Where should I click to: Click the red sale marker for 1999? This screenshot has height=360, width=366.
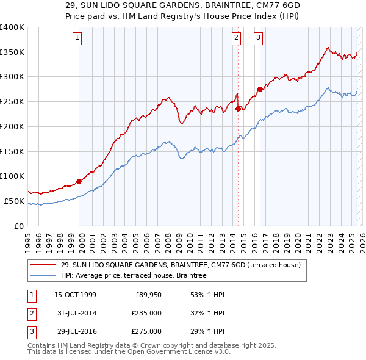[79, 181]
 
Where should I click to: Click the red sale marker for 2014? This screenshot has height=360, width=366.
[238, 109]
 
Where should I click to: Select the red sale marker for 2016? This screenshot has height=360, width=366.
[260, 89]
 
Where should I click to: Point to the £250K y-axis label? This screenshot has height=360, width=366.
[12, 101]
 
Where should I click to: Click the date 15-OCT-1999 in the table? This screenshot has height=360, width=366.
[75, 295]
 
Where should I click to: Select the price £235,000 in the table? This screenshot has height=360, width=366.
[146, 313]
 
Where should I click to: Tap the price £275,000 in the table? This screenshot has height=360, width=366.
[146, 331]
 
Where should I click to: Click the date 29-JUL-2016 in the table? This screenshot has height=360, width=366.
[75, 331]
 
